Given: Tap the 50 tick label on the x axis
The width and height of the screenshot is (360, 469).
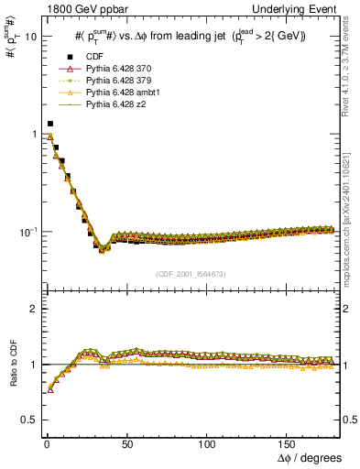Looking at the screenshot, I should click(x=124, y=443).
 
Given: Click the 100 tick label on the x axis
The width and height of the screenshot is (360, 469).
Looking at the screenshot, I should click(x=207, y=443).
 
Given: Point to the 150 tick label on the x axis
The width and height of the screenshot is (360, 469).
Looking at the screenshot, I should click(x=289, y=443).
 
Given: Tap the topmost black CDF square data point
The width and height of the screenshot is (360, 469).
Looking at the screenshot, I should click(x=49, y=123).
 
